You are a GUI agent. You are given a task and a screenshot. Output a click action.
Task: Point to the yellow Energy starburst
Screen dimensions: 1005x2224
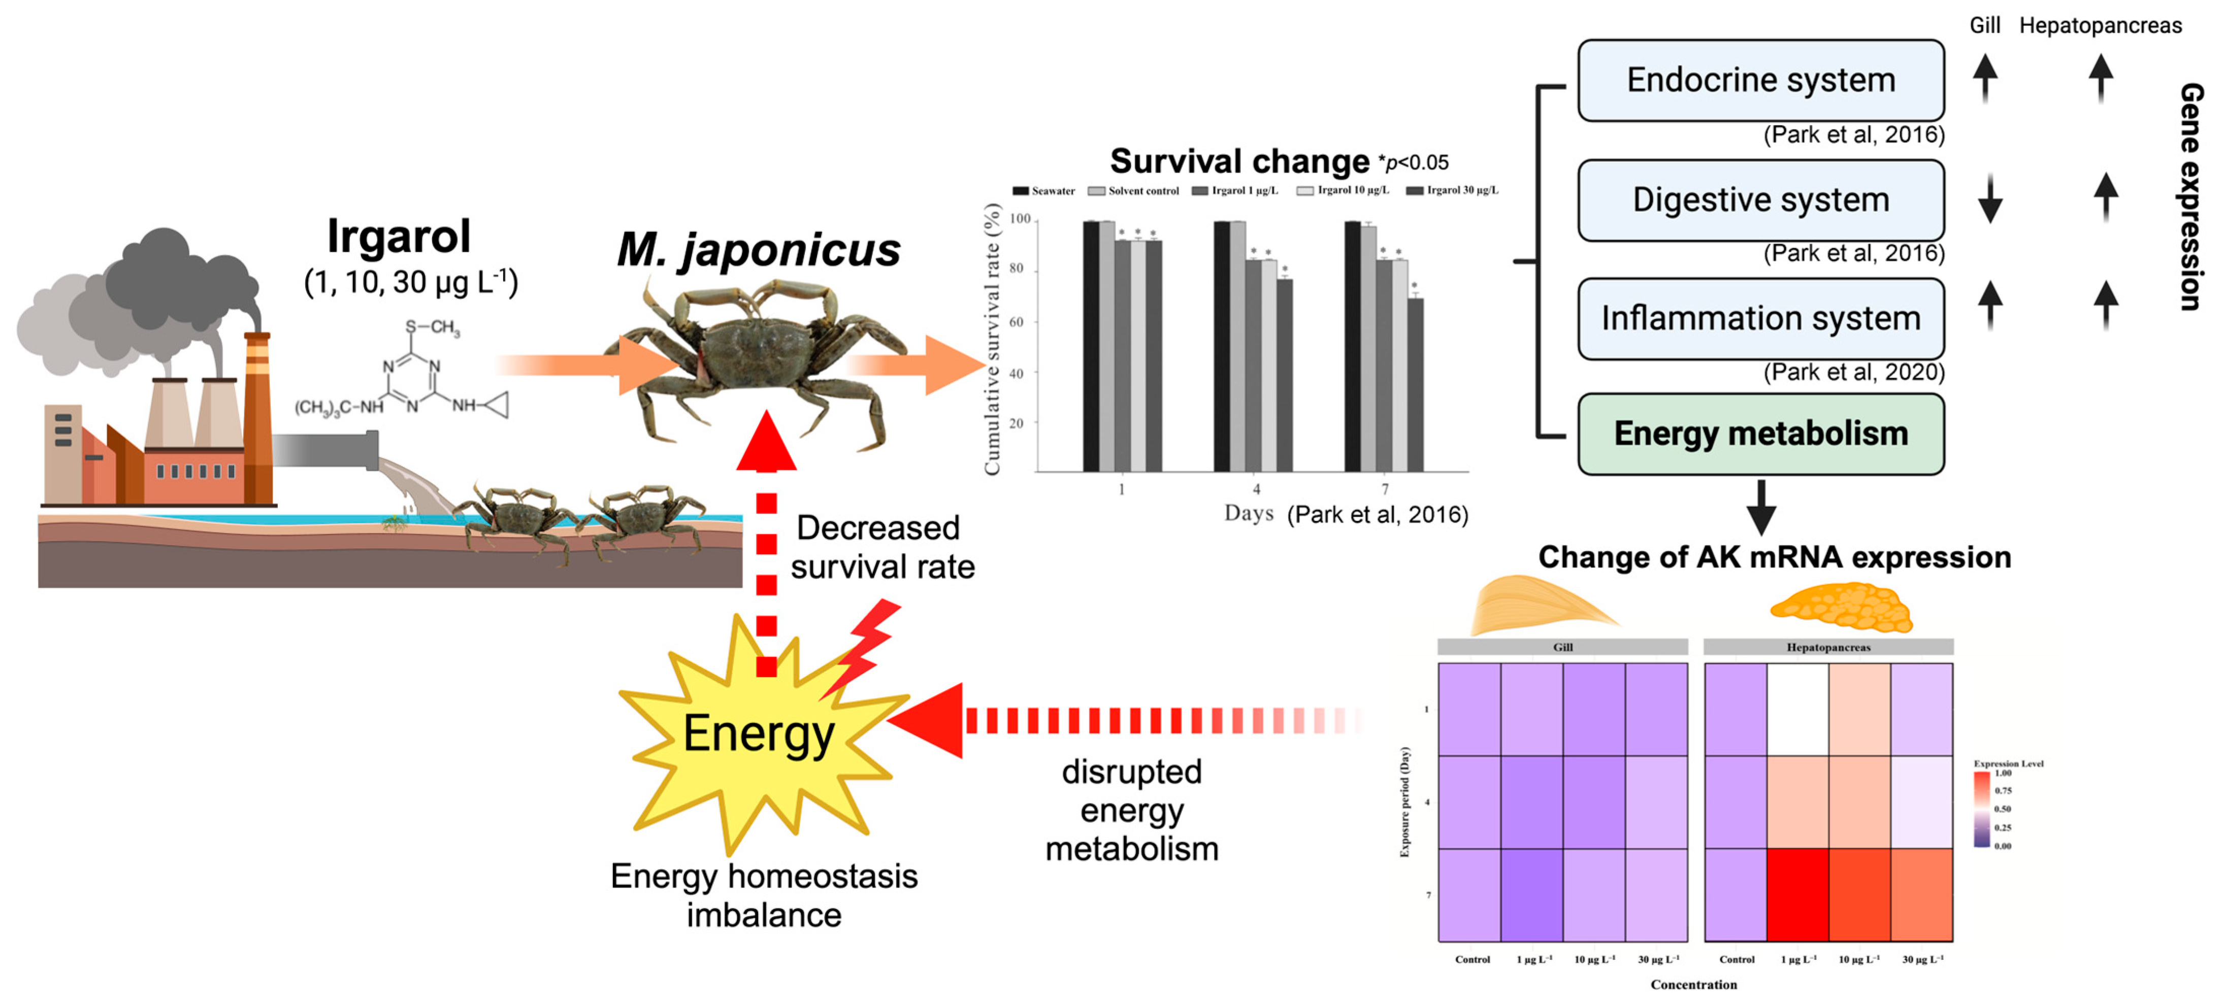(x=760, y=734)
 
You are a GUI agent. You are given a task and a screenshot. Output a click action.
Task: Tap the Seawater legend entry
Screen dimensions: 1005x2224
(x=1044, y=191)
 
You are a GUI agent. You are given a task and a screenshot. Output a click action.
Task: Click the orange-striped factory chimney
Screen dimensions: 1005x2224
(x=257, y=414)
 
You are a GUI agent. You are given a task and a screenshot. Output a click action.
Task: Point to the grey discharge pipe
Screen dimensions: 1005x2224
(x=324, y=450)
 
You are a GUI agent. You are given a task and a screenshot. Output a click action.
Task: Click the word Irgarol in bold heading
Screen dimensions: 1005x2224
(x=399, y=236)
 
